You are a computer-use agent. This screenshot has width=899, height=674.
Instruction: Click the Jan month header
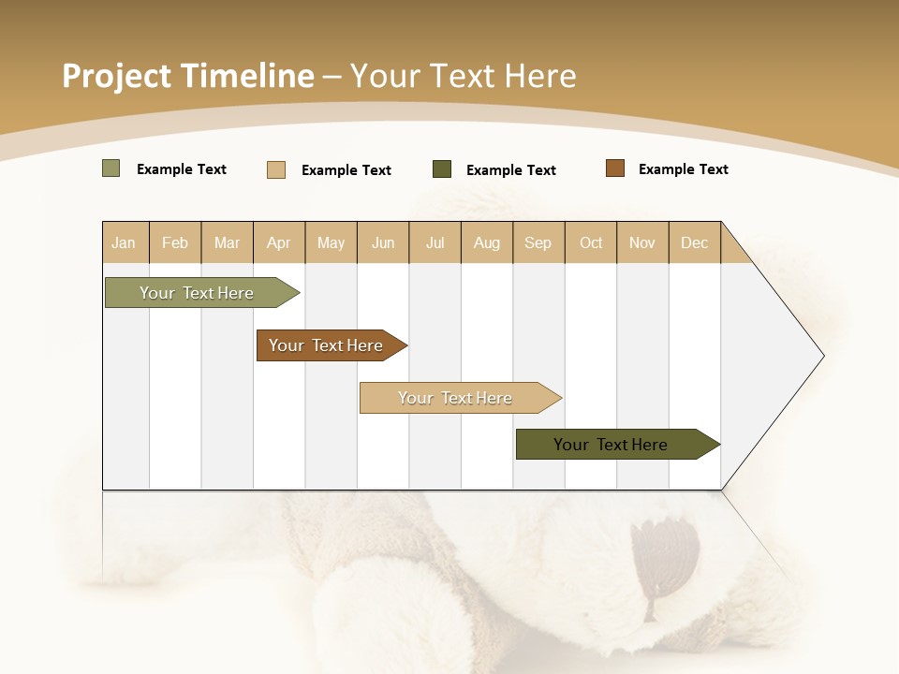(125, 243)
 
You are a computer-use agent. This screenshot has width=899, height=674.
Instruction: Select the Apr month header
(279, 243)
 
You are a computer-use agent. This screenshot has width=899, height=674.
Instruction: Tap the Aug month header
(487, 243)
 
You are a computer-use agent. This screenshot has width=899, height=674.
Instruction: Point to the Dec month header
(695, 243)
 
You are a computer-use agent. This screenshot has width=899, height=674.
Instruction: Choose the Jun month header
(383, 243)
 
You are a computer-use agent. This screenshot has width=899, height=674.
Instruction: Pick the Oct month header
(591, 243)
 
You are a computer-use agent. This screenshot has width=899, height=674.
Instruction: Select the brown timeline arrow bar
(328, 345)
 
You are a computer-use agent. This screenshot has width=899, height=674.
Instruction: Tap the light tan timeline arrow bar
(457, 398)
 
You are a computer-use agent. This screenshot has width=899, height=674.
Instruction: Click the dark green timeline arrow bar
(613, 445)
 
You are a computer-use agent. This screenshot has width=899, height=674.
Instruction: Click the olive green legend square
(111, 168)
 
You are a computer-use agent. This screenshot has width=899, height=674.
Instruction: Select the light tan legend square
(276, 169)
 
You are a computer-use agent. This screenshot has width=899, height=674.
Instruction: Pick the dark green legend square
(442, 169)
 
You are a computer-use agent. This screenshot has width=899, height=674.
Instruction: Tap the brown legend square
(615, 168)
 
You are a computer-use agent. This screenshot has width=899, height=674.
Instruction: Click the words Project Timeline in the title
(187, 76)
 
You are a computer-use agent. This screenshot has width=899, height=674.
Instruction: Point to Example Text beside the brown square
(683, 169)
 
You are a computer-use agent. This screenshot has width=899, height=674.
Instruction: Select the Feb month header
(175, 243)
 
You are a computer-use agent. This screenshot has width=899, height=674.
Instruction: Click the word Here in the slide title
(540, 76)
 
